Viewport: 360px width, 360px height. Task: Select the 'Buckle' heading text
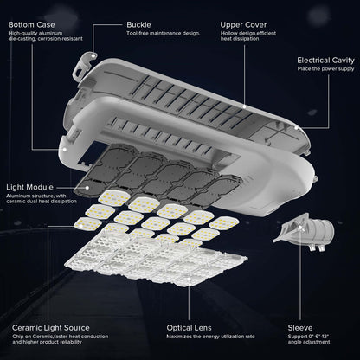(140, 24)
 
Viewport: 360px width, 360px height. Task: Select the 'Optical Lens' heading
(191, 328)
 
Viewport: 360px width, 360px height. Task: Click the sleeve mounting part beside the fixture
(303, 234)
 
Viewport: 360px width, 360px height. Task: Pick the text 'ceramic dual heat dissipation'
(43, 202)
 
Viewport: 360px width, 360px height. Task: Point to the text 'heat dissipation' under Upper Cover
(240, 41)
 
